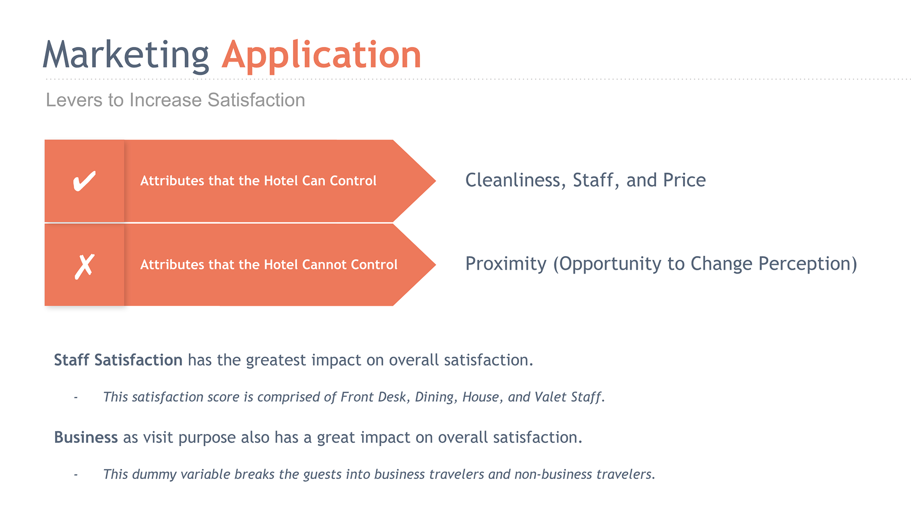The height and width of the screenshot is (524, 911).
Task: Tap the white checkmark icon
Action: click(x=84, y=181)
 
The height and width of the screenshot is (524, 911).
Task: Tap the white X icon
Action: click(x=84, y=266)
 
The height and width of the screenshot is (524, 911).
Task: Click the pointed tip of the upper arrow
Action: click(x=436, y=181)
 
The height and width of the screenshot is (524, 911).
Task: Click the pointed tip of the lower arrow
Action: click(x=436, y=265)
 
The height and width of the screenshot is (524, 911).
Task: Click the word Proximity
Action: click(x=506, y=264)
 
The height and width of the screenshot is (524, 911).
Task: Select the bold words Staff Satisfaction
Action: click(x=118, y=360)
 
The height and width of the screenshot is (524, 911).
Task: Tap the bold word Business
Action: click(x=86, y=437)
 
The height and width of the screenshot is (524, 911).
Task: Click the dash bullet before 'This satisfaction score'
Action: click(x=75, y=398)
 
